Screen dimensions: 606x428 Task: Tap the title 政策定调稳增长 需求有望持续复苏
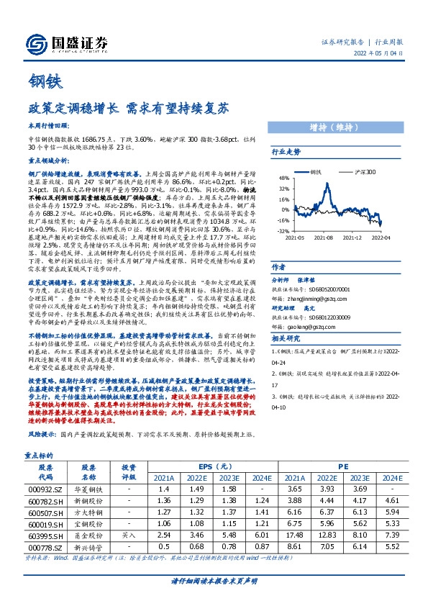coord(129,111)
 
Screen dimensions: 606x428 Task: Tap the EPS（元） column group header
coord(199,466)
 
